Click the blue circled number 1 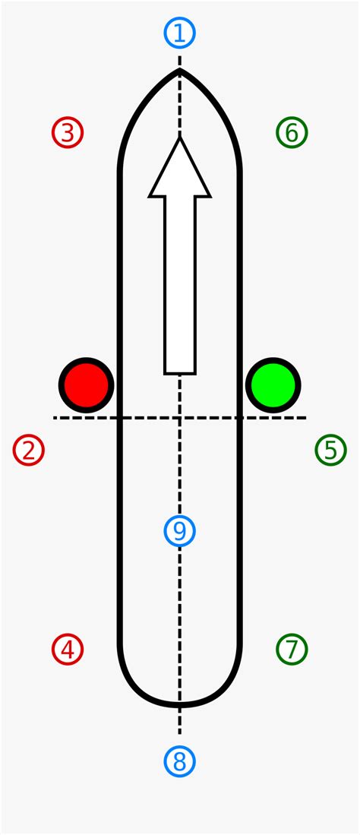[179, 33]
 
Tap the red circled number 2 [28, 450]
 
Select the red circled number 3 [68, 133]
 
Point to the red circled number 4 [68, 649]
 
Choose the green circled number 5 [330, 450]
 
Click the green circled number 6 [292, 133]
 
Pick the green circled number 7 [292, 649]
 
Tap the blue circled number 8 [179, 761]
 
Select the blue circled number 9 [179, 531]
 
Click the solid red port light [87, 385]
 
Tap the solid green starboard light [273, 385]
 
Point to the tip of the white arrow [180, 138]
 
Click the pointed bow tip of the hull [179, 69]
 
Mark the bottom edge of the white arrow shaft [180, 373]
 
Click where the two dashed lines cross [179, 418]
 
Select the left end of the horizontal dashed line [55, 418]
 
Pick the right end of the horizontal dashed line [305, 418]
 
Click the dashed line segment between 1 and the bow [179, 61]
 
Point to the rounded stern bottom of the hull [179, 706]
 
